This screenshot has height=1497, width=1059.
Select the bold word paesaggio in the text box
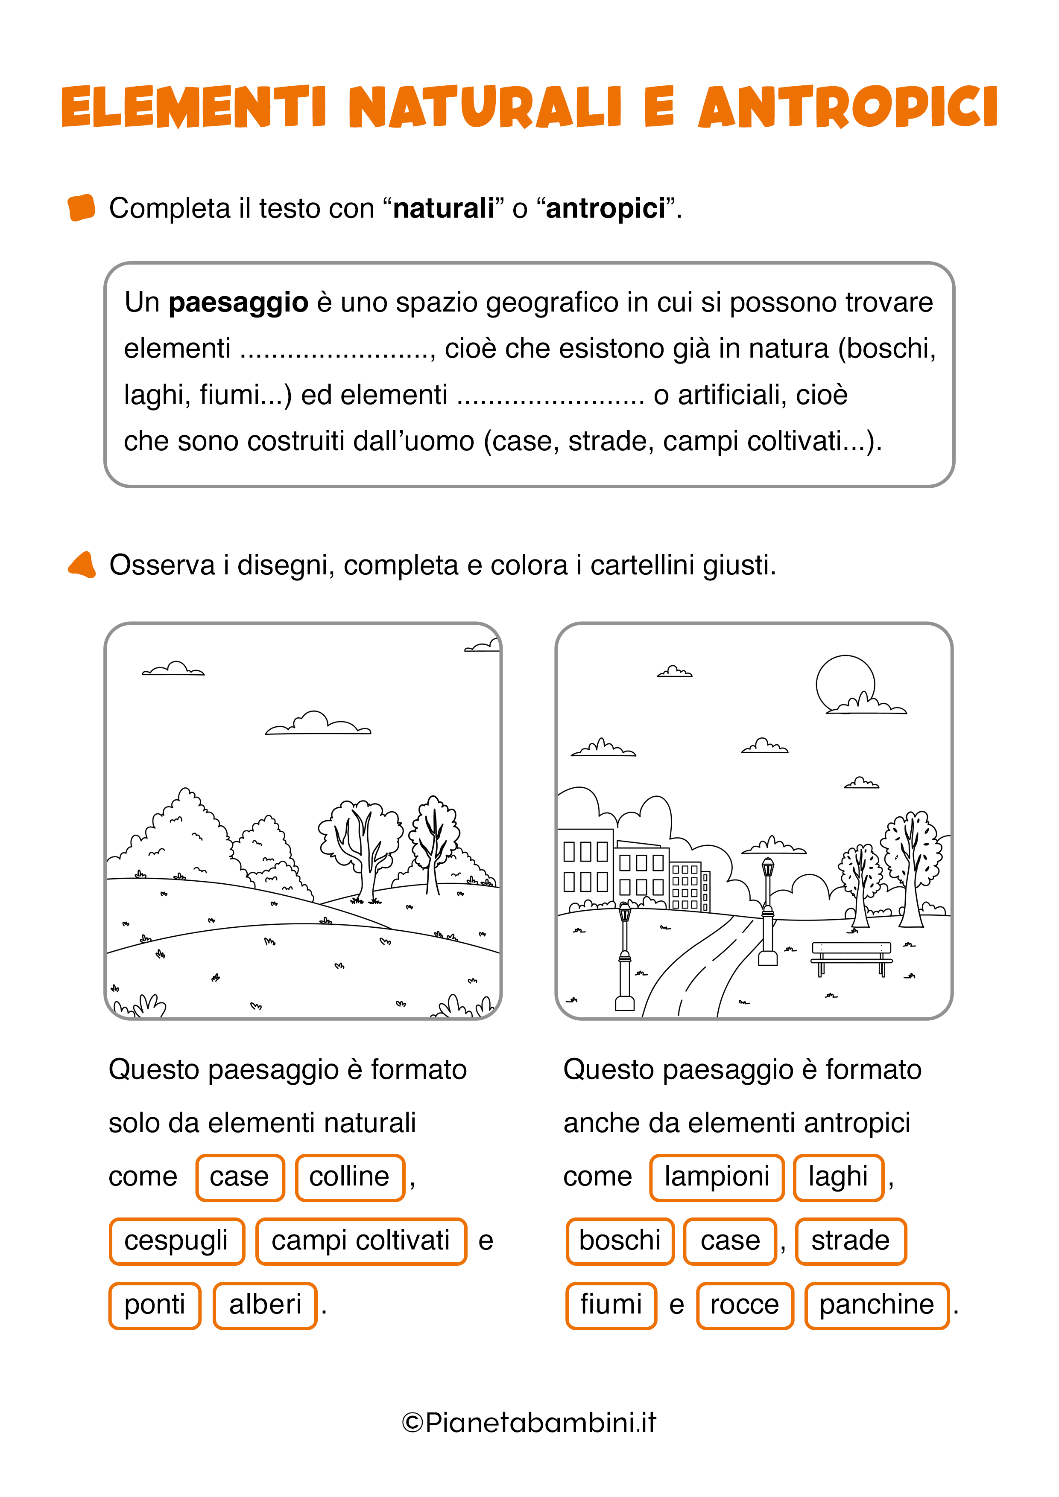pos(238,303)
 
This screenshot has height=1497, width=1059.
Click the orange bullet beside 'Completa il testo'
pos(82,208)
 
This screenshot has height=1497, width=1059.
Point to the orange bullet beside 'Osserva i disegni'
pos(82,565)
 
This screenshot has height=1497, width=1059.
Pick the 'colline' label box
pos(350,1177)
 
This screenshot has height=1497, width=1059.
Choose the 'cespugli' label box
pos(176,1241)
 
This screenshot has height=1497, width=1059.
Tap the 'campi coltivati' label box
pos(361,1241)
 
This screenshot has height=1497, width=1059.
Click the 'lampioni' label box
pos(717,1177)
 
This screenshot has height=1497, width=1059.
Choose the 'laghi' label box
pos(839,1177)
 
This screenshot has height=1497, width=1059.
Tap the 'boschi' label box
pos(620,1241)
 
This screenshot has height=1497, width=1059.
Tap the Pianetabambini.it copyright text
pos(529,1422)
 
